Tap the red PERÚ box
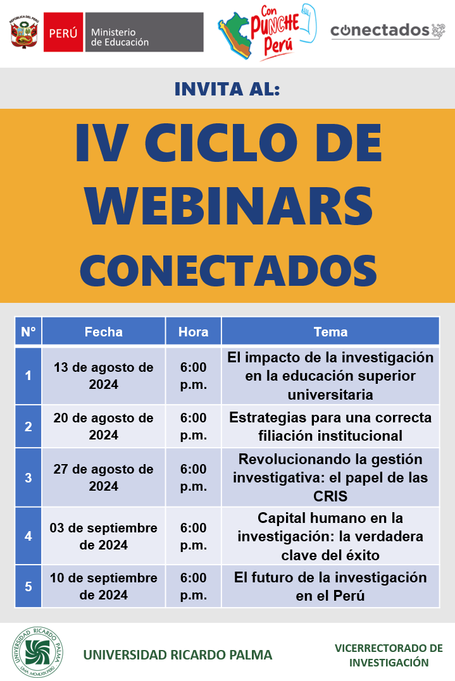click(63, 32)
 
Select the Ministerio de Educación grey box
click(144, 32)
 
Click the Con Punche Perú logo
click(267, 32)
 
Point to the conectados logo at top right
click(388, 30)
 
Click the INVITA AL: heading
click(227, 89)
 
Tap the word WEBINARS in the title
click(229, 206)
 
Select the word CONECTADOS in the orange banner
click(228, 270)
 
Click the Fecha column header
click(103, 332)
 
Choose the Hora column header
click(194, 332)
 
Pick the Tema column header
click(331, 332)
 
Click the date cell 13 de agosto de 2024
click(103, 376)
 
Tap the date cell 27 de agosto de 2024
click(103, 477)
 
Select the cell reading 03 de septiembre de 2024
click(103, 536)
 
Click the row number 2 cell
click(28, 426)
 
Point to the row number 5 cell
click(28, 586)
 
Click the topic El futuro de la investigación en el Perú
click(331, 586)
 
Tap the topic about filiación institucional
click(331, 426)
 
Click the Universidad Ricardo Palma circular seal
click(37, 652)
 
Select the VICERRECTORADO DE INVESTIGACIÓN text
click(389, 655)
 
